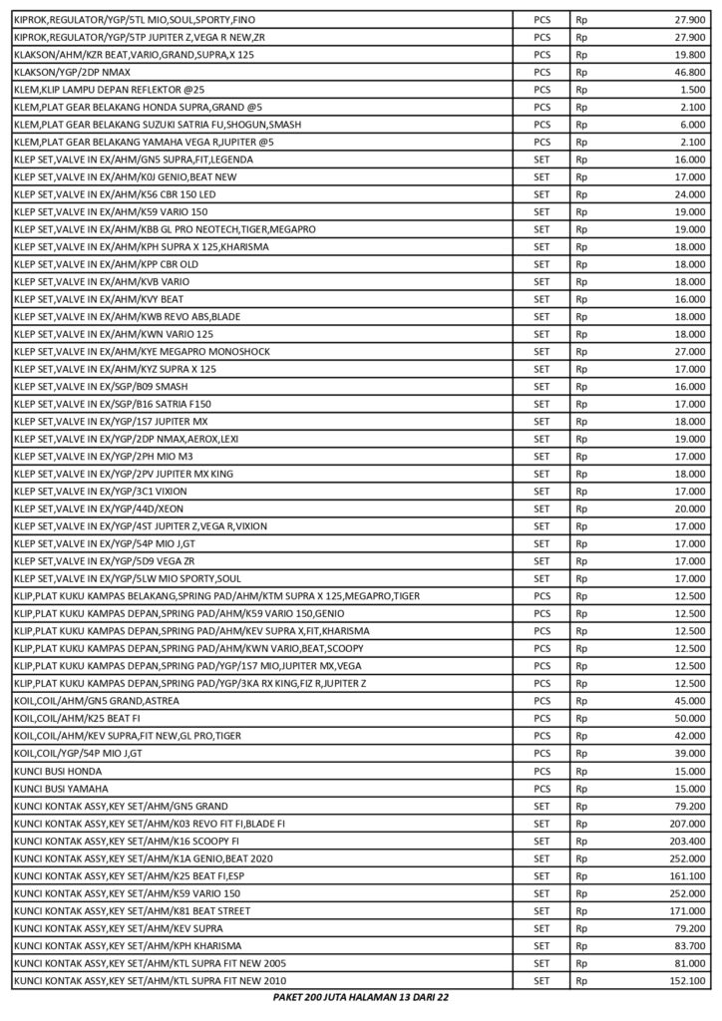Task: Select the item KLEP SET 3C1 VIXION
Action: [100, 491]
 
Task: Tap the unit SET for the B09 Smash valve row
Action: [541, 386]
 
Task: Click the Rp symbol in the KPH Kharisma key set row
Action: [582, 945]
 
